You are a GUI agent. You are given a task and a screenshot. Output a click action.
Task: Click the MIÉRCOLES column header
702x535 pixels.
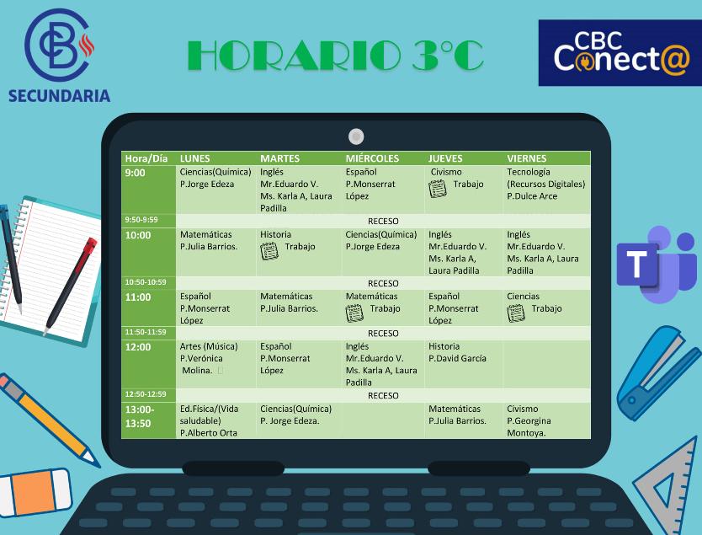click(372, 158)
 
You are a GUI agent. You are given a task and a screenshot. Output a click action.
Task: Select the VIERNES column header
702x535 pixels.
click(526, 158)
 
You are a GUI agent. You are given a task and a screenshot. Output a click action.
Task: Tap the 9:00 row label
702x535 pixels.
click(136, 173)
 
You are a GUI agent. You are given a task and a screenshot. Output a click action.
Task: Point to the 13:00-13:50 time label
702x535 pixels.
click(139, 416)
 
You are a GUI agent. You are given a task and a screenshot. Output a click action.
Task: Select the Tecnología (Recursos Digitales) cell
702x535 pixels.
click(545, 184)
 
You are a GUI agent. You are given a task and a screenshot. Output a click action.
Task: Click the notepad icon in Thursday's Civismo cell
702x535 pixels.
click(438, 188)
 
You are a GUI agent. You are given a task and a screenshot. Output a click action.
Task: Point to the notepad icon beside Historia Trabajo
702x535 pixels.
click(269, 250)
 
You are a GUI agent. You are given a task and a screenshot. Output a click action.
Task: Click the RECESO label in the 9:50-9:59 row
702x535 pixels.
click(383, 221)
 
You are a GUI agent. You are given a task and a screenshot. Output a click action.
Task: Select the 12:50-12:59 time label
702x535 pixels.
click(146, 394)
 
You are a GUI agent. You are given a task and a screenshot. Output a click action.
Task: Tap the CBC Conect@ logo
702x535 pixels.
click(620, 53)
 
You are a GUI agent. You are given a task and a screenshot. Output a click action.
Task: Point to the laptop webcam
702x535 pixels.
click(356, 136)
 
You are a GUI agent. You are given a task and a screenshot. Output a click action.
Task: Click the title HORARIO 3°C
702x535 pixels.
click(335, 56)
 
